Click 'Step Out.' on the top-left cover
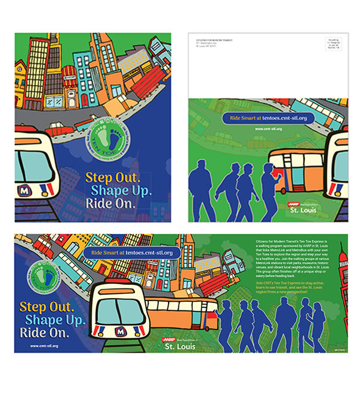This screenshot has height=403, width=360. [x=113, y=178]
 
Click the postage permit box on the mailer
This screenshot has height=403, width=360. [x=335, y=46]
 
